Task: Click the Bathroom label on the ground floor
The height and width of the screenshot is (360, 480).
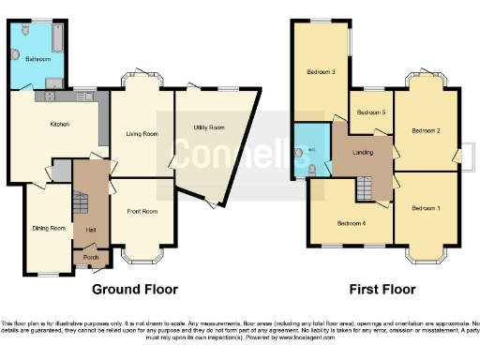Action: [x=37, y=59]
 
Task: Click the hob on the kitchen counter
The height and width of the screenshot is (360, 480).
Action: [x=48, y=96]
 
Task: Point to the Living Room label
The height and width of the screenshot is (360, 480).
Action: [x=142, y=134]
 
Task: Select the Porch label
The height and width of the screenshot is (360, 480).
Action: [x=91, y=257]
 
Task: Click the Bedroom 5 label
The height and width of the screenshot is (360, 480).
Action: [x=371, y=112]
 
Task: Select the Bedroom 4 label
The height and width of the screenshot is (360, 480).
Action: [x=351, y=223]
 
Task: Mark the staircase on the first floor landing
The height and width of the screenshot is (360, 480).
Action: [x=365, y=188]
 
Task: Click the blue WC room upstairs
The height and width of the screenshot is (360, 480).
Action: [x=311, y=150]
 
